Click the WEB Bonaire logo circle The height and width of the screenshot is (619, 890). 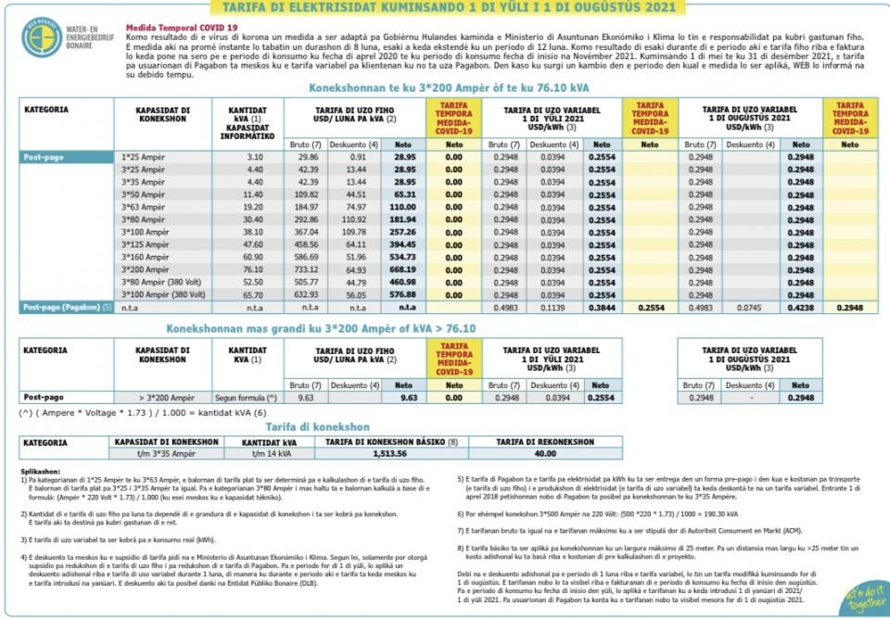[x=42, y=37]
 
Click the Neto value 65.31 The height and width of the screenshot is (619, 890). [x=404, y=195]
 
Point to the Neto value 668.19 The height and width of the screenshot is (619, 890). [x=404, y=269]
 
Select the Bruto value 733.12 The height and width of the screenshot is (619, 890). [x=308, y=269]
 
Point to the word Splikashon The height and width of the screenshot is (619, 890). [x=40, y=472]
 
